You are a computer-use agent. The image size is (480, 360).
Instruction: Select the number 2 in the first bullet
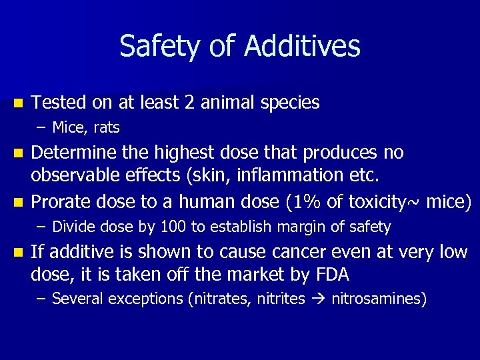point(191,103)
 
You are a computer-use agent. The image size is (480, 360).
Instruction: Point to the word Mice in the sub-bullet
point(68,127)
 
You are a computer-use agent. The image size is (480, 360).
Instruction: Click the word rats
point(105,127)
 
